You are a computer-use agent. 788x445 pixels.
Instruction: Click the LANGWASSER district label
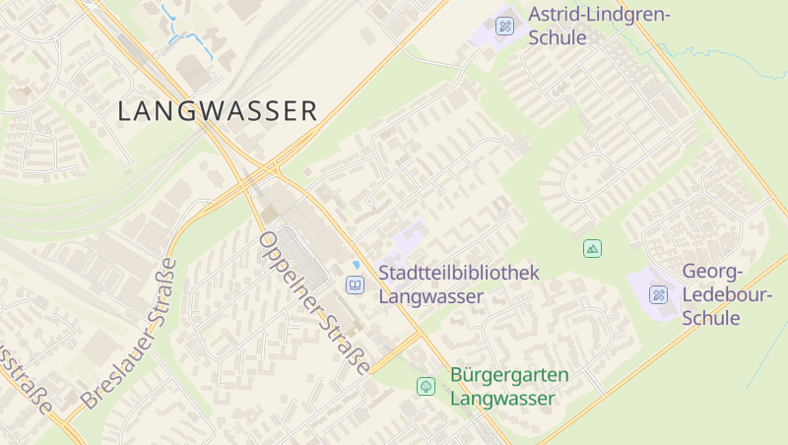[x=218, y=111]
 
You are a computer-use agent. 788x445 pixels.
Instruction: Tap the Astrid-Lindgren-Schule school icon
[x=505, y=26]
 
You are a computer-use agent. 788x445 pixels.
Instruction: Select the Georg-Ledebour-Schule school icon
[x=659, y=294]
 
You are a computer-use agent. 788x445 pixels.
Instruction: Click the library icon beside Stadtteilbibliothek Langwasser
[x=355, y=285]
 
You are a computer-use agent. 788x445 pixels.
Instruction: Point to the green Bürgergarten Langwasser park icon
[x=426, y=386]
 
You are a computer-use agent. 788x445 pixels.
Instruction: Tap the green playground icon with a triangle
[x=592, y=248]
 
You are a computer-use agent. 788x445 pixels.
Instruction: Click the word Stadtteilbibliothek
[x=460, y=273]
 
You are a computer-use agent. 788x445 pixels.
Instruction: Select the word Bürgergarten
[x=509, y=375]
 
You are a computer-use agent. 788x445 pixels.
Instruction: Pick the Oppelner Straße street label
[x=313, y=304]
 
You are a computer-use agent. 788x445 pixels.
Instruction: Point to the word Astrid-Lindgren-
[x=599, y=15]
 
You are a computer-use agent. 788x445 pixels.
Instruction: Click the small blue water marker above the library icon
[x=356, y=265]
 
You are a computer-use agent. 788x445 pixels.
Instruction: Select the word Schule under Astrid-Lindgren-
[x=558, y=38]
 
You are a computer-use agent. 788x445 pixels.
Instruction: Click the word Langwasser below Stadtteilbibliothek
[x=431, y=295]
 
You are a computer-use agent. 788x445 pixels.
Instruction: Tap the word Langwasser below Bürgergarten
[x=502, y=399]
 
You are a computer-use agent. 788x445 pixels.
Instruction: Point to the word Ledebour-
[x=710, y=295]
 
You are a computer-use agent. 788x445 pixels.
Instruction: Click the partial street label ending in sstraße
[x=25, y=379]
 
